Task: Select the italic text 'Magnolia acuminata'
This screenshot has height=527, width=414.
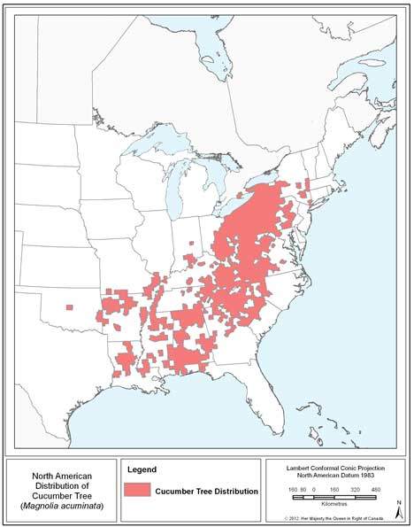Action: pyautogui.click(x=62, y=505)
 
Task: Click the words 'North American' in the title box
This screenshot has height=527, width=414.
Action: pyautogui.click(x=62, y=473)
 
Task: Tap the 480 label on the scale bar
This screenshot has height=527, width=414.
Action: pyautogui.click(x=376, y=489)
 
